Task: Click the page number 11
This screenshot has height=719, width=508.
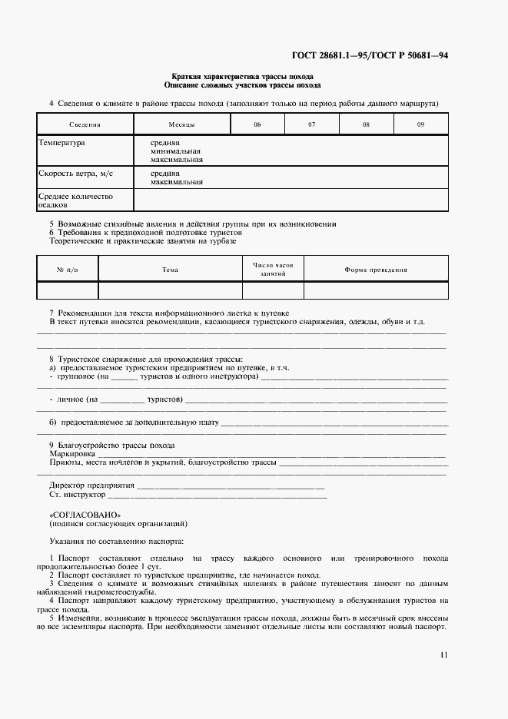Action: (443, 654)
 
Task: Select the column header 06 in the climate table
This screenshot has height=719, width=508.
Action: (257, 124)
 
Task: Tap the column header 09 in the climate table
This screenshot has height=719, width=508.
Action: (420, 124)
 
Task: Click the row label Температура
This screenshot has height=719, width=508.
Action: (62, 143)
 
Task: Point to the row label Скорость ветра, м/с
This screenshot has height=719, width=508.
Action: (75, 174)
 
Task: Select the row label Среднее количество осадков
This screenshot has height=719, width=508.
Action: (75, 200)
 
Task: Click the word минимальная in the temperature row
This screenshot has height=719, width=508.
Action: (176, 151)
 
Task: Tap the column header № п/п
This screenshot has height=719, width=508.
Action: (68, 270)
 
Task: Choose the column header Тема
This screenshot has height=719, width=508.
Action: (170, 270)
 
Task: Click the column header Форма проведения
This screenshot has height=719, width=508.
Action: (376, 270)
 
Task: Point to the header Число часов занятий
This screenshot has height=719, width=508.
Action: (273, 269)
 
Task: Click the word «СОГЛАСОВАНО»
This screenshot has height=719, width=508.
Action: (85, 515)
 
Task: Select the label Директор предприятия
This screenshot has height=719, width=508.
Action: (91, 485)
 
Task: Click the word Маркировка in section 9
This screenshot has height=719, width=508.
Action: (67, 454)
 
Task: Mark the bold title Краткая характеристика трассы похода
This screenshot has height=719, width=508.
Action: (241, 77)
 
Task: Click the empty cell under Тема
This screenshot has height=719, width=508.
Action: (170, 290)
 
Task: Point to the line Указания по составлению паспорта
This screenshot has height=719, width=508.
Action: (116, 541)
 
